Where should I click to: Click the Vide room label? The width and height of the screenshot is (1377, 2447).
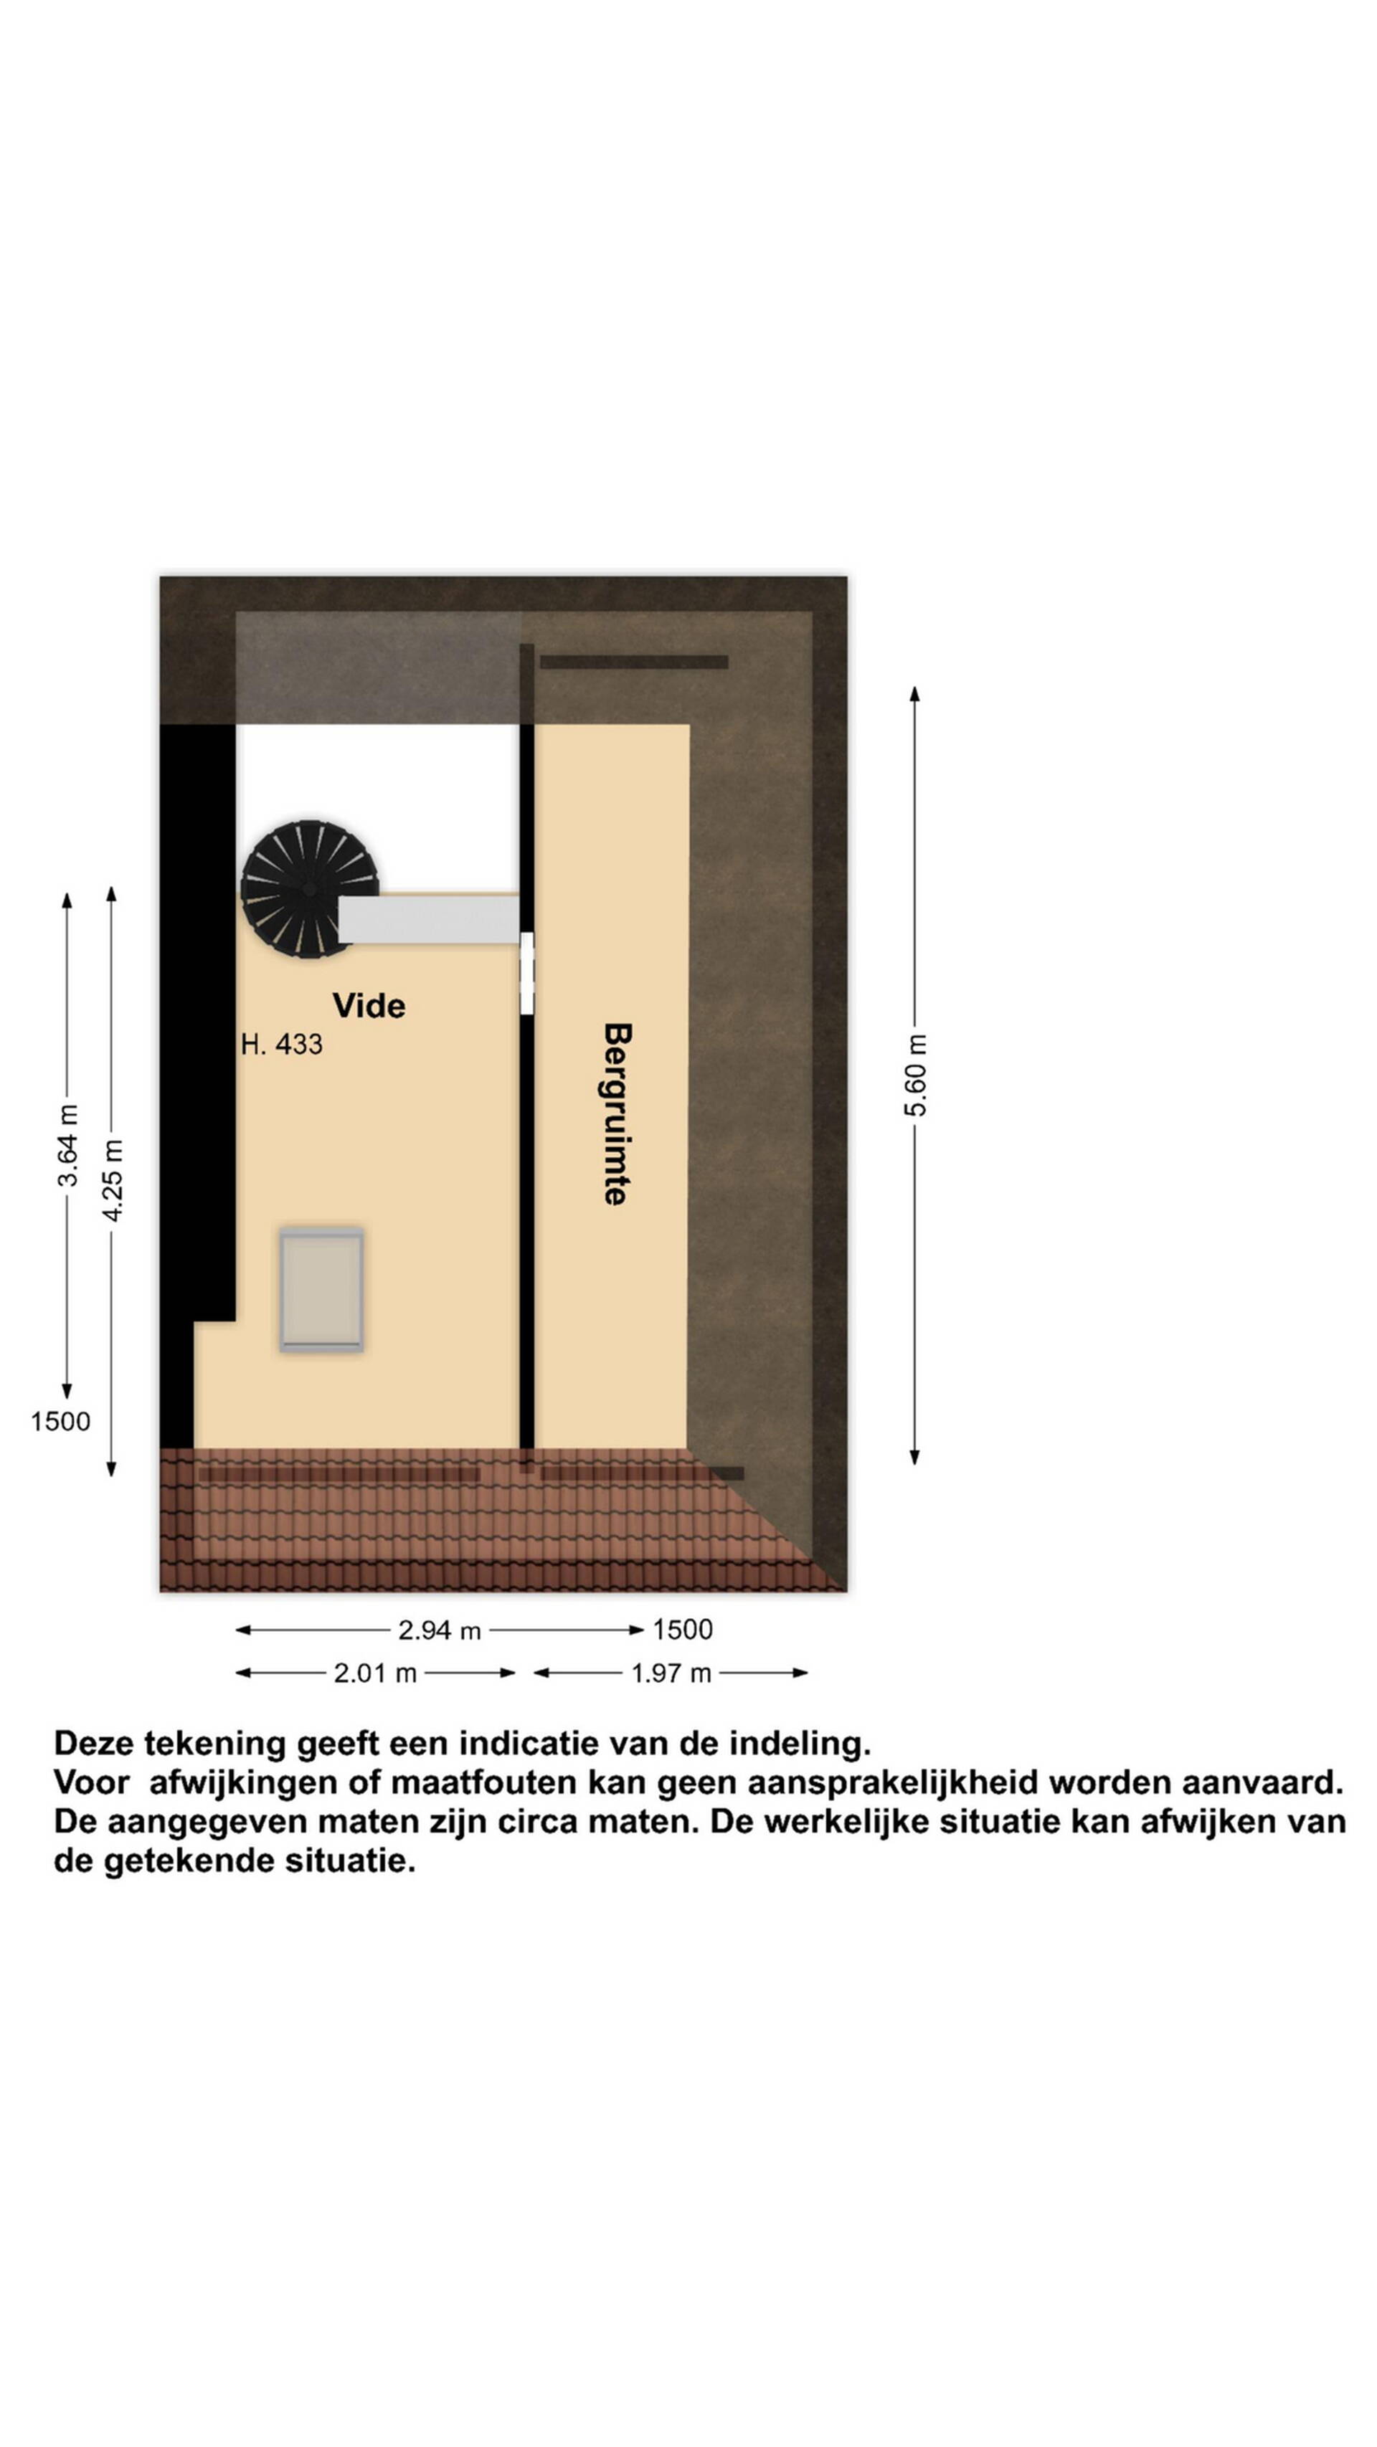[369, 1005]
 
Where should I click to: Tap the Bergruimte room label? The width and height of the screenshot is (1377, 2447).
[617, 1113]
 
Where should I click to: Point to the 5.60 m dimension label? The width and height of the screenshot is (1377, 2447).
[915, 1074]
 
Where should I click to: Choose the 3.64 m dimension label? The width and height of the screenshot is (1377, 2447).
[67, 1145]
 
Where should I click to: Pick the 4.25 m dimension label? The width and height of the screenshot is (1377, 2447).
[112, 1180]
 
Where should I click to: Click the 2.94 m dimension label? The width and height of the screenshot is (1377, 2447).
[439, 1630]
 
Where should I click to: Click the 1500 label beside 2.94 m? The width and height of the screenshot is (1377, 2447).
[682, 1629]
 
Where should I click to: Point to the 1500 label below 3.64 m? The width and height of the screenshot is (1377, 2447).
[60, 1421]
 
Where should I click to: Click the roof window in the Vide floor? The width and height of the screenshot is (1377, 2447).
[321, 1288]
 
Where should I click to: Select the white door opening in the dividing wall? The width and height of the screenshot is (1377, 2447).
[526, 973]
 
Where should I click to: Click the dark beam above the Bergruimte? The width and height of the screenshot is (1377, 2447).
[634, 662]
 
